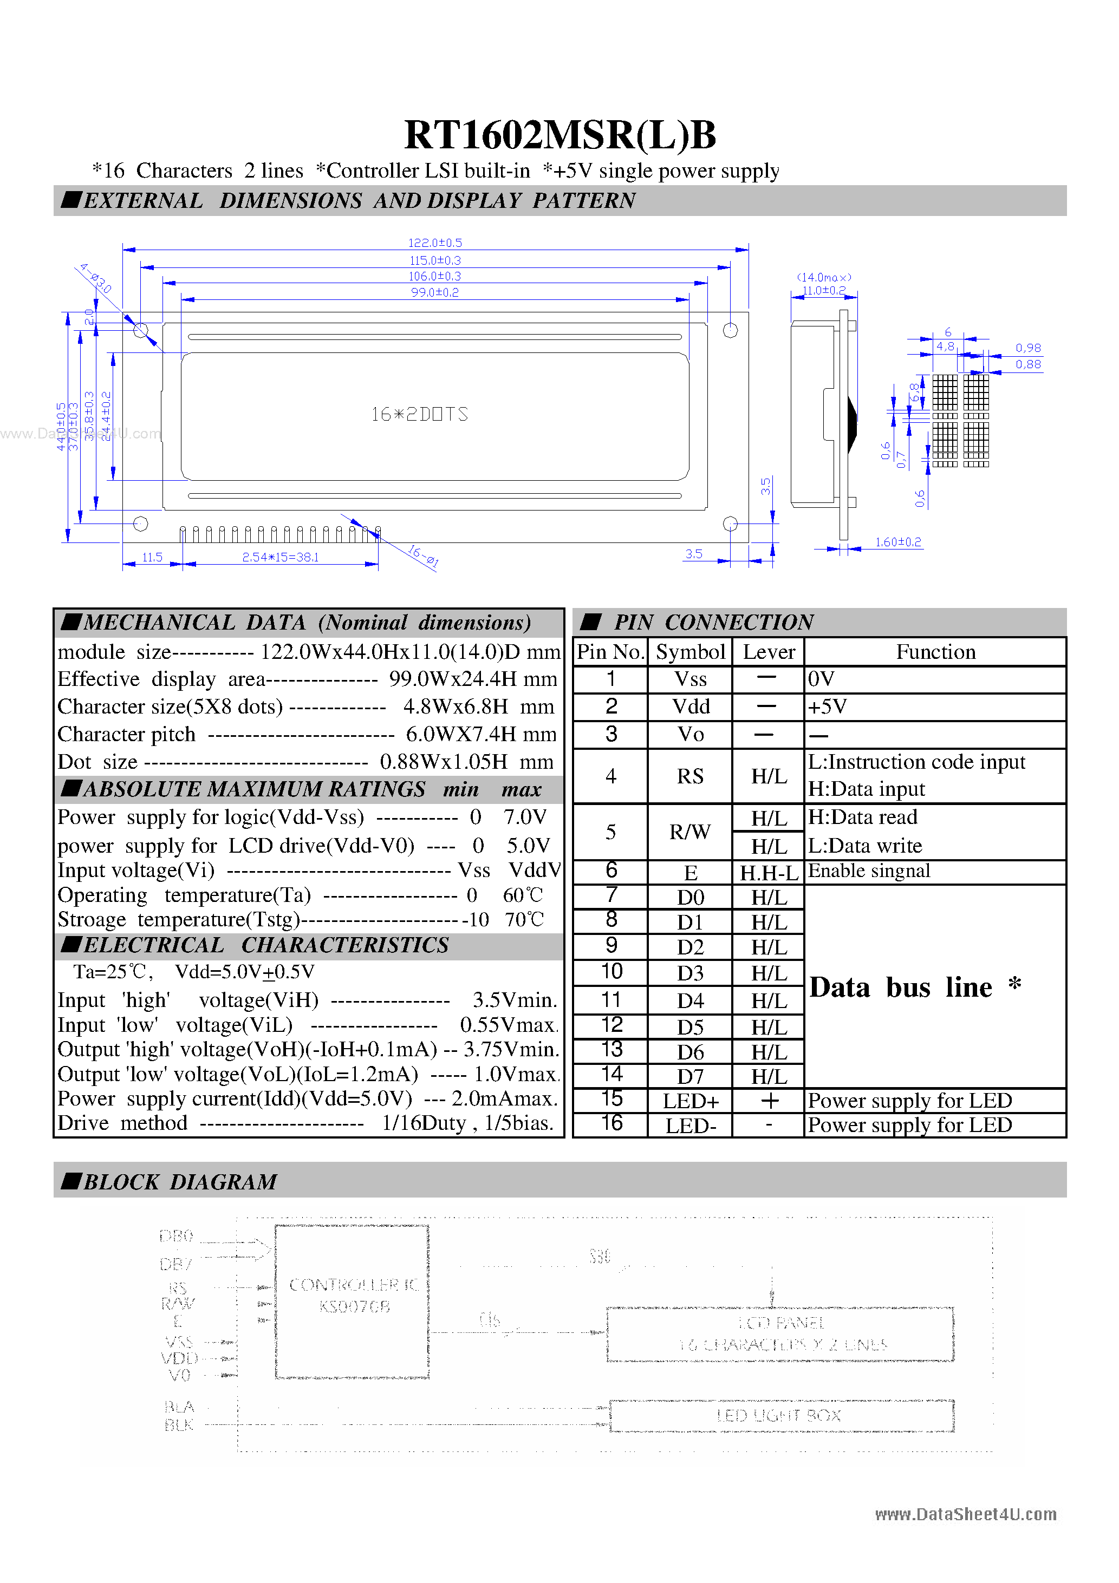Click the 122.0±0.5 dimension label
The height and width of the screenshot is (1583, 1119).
click(434, 243)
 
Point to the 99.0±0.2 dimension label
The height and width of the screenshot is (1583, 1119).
click(434, 292)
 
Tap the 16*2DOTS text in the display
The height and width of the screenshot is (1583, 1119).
click(419, 414)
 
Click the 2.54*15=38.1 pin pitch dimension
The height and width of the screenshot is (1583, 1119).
click(280, 557)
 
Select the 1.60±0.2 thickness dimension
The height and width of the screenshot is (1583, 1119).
click(897, 542)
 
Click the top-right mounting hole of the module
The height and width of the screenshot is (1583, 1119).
click(730, 330)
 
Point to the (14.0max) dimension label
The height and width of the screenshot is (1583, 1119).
click(824, 277)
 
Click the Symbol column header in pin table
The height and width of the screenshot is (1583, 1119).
click(690, 651)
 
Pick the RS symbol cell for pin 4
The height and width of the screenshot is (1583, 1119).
click(690, 776)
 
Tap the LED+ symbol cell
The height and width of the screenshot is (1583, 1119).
click(690, 1101)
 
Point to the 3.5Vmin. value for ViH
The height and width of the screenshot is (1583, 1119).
click(514, 1000)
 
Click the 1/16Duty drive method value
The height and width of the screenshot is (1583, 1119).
click(424, 1123)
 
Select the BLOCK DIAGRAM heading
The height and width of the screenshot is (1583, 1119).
click(179, 1182)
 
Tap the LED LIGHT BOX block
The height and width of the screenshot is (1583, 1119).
click(781, 1416)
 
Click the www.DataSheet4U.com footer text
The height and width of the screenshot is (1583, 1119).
click(965, 1514)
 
